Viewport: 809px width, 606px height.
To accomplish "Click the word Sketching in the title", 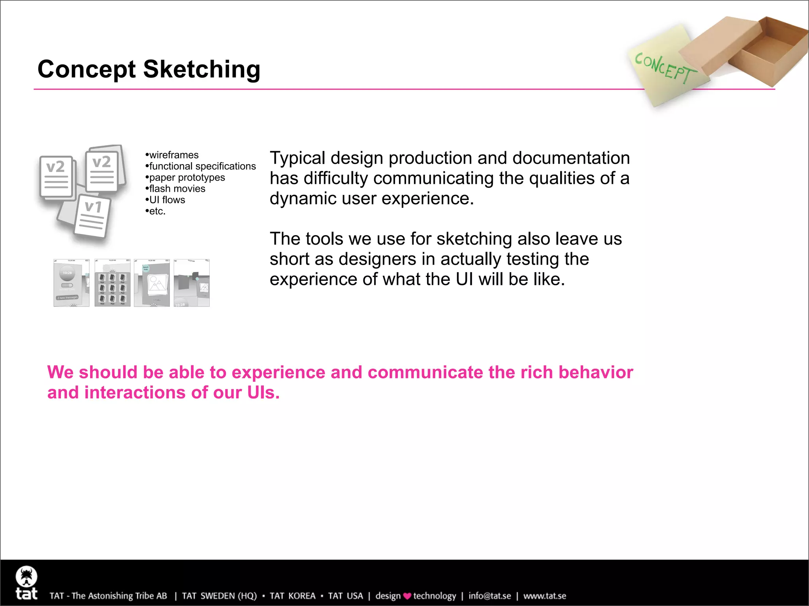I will pos(201,69).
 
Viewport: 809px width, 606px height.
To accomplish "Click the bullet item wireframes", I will pos(173,155).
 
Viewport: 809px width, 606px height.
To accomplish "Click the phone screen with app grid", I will pos(112,283).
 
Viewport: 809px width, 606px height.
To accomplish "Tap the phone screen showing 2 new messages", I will pos(71,283).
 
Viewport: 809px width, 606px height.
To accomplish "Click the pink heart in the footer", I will pos(407,596).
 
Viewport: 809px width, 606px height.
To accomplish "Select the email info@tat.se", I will pos(489,596).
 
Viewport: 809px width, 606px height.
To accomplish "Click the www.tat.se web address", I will pos(544,596).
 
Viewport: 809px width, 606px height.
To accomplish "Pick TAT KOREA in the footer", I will pos(292,596).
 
